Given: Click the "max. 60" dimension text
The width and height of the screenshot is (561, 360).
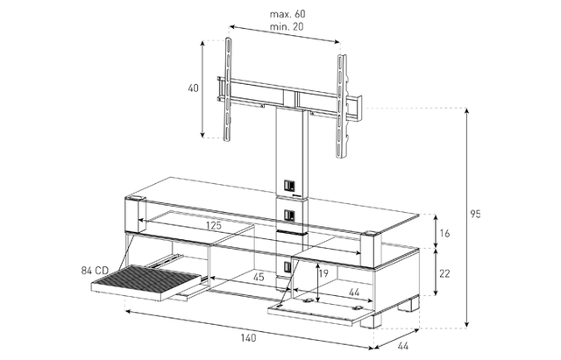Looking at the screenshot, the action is click(x=288, y=14).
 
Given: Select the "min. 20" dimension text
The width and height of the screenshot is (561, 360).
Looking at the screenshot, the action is click(x=287, y=27).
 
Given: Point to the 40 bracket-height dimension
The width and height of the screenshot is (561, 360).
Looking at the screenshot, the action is click(x=193, y=88).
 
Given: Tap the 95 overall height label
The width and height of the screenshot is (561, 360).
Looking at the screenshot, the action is click(x=475, y=214).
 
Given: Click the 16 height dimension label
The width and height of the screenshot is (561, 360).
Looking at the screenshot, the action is click(x=444, y=234).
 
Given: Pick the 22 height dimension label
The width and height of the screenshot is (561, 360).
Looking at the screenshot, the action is click(x=444, y=273).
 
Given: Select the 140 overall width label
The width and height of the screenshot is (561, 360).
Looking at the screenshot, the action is click(x=248, y=338).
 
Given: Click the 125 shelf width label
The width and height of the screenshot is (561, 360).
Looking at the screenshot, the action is click(x=214, y=226).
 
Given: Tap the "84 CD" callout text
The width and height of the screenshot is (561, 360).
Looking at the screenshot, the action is click(x=95, y=271).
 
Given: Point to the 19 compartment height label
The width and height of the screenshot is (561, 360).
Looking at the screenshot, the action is click(x=323, y=273).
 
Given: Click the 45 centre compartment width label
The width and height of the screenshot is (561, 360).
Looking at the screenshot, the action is click(x=258, y=277).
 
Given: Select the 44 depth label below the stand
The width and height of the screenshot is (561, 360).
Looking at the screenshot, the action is click(x=403, y=346).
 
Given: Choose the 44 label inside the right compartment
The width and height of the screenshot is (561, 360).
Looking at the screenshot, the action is click(x=354, y=293).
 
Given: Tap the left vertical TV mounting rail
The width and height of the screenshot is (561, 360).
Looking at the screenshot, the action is click(x=227, y=88).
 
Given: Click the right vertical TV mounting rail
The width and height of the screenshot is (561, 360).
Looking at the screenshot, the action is click(x=341, y=106).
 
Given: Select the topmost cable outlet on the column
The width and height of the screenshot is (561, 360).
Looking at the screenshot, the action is click(x=289, y=186).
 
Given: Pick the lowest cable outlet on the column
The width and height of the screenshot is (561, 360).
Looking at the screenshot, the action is click(x=289, y=266).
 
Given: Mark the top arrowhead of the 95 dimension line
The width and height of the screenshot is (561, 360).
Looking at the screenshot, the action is click(x=467, y=110).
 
